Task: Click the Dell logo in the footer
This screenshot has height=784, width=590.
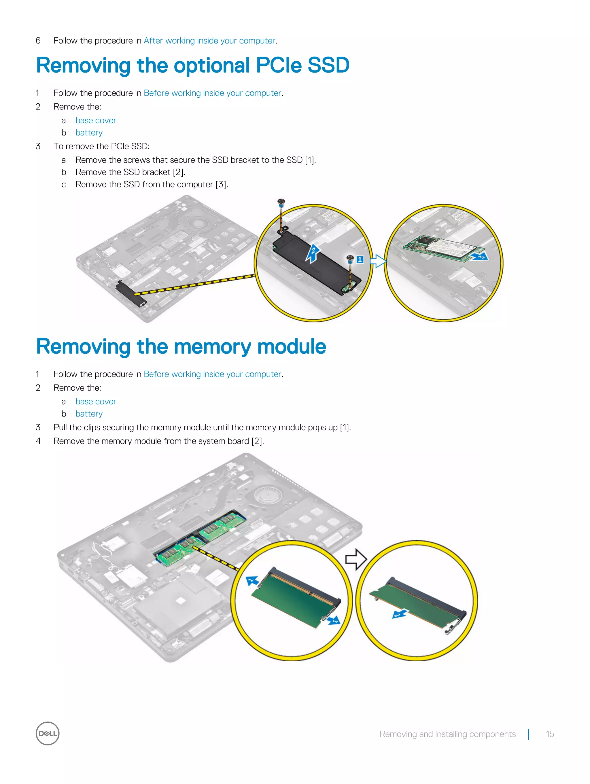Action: click(48, 733)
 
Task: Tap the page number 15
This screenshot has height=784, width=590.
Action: click(550, 734)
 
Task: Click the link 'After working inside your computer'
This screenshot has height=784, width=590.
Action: click(209, 41)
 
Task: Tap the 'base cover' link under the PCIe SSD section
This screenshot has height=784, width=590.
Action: click(96, 120)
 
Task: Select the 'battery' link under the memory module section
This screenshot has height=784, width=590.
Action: click(89, 414)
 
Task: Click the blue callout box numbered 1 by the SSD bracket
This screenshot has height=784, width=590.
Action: click(360, 260)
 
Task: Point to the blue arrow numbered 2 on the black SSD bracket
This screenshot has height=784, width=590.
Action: click(313, 253)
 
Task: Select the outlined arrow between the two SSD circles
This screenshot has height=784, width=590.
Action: click(378, 262)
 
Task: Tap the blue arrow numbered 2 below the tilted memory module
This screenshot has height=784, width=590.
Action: click(400, 614)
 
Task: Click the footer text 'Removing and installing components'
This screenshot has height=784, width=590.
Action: click(447, 734)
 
